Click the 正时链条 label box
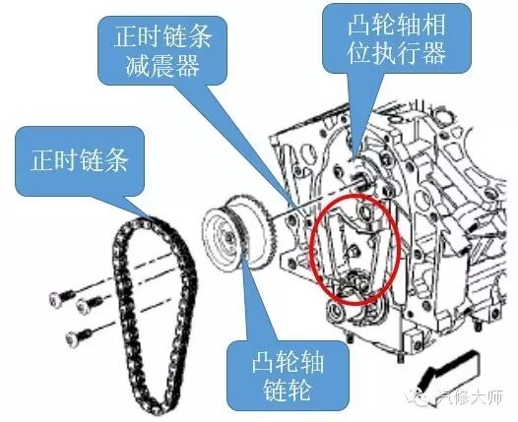(x=80, y=160)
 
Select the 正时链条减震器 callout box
(x=162, y=50)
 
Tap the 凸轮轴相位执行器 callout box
(x=396, y=38)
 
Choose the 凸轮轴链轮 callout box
(x=288, y=376)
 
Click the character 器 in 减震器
(x=187, y=65)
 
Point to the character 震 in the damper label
(x=162, y=65)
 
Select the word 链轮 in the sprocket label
(x=288, y=390)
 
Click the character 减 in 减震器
(x=138, y=65)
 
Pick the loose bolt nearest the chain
(x=90, y=303)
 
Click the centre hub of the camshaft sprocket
(x=228, y=236)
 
